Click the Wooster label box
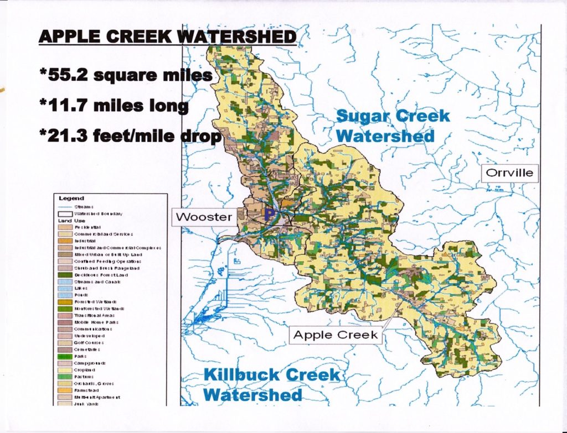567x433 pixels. [203, 217]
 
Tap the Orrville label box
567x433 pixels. [509, 173]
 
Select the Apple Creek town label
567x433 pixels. [336, 335]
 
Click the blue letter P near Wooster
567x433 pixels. [270, 213]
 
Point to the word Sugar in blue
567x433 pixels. [364, 117]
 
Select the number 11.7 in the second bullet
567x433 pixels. [69, 105]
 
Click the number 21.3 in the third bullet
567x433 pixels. [70, 135]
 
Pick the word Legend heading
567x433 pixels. [71, 198]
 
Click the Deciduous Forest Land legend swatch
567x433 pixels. [65, 275]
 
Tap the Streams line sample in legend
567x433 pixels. [65, 206]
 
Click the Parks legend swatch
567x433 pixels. [65, 356]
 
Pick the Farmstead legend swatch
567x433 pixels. [65, 390]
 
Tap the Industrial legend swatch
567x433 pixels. [65, 241]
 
